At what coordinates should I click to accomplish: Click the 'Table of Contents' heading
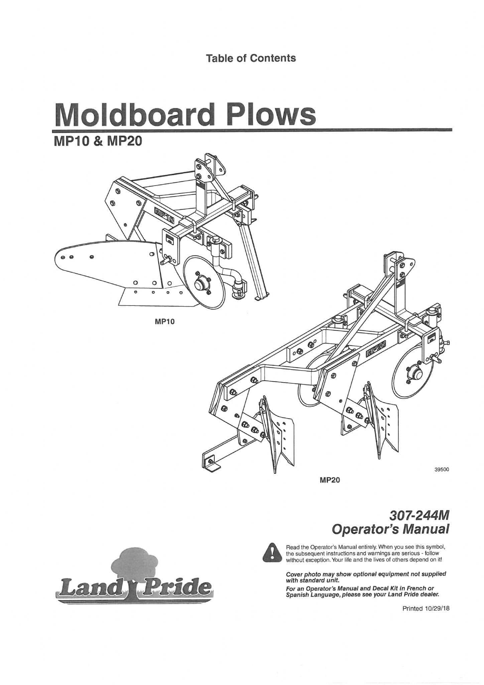(251, 58)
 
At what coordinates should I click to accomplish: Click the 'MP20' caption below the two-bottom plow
(330, 480)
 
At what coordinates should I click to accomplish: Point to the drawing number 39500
(442, 469)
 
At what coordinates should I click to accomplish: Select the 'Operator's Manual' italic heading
(390, 529)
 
